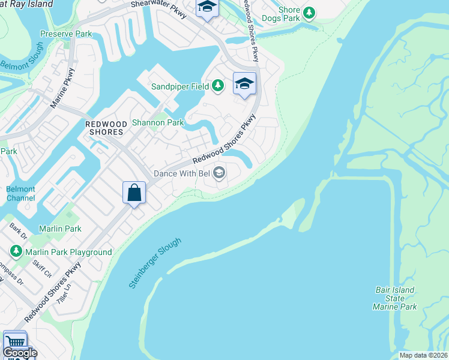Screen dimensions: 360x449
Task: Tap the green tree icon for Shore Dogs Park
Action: coord(309,13)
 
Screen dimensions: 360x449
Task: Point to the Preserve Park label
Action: coord(66,34)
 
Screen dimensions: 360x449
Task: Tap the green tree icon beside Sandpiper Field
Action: coord(218,86)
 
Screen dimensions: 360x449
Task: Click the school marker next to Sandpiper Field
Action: coord(244,84)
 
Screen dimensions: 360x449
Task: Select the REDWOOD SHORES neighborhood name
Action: coord(106,128)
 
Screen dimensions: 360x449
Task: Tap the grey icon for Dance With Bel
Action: coord(219,173)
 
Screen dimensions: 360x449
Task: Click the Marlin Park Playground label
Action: coord(75,253)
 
